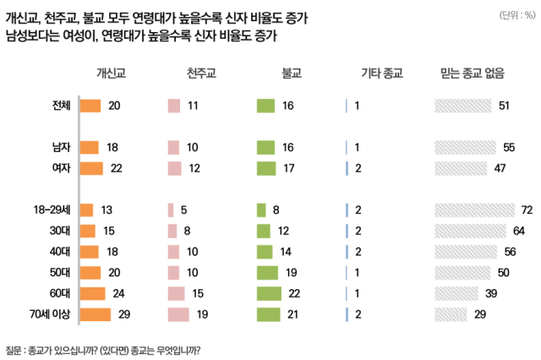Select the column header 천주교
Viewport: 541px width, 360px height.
[201, 74]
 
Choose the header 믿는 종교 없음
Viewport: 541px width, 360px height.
[472, 74]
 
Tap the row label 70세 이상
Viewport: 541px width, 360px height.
[51, 314]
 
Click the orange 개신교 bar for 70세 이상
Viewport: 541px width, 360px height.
[96, 314]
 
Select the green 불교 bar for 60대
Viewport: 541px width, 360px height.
[269, 293]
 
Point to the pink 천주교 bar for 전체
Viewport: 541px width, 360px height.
[174, 106]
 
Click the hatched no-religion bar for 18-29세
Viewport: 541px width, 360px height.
[474, 209]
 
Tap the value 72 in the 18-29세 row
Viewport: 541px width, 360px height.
[526, 209]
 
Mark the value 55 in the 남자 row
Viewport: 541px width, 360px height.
[509, 147]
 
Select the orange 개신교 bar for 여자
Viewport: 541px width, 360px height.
[91, 167]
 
